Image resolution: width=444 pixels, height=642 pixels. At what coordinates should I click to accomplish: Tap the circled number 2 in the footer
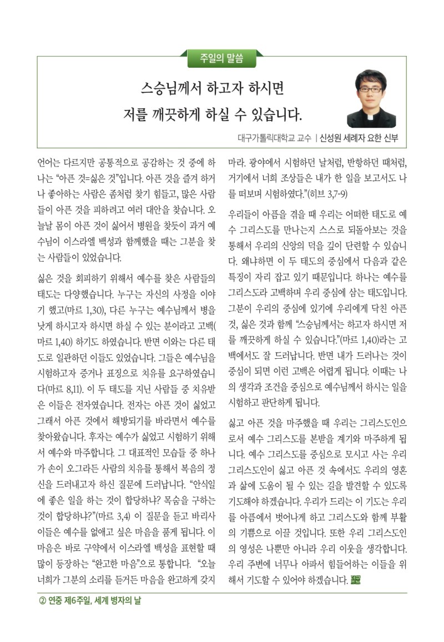tap(42, 600)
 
